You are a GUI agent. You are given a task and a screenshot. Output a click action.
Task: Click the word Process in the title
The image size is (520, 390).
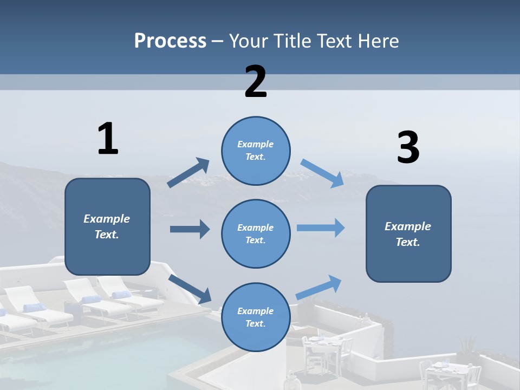[170, 41]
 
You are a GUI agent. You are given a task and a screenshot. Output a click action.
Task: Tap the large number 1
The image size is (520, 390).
[108, 139]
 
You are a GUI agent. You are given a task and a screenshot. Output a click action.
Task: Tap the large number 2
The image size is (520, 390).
[256, 82]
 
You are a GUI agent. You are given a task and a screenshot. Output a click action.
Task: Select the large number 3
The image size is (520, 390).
[408, 148]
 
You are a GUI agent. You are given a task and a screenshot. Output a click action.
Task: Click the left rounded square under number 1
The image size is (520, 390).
[107, 226]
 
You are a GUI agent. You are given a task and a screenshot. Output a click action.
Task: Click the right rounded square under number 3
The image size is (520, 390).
[408, 234]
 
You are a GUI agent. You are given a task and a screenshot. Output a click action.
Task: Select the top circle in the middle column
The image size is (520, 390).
[256, 151]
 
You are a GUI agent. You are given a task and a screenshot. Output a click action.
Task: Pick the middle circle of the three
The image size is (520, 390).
[256, 233]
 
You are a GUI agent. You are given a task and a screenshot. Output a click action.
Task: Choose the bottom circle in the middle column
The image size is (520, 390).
[256, 317]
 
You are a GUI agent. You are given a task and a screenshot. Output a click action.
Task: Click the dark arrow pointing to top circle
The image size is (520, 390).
[188, 173]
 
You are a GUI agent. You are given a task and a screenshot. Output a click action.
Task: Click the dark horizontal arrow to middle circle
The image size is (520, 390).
[190, 229]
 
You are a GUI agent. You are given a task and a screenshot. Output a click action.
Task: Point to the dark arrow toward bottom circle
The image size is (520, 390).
[190, 289]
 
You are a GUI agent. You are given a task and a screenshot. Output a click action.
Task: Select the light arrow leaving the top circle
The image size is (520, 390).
[322, 173]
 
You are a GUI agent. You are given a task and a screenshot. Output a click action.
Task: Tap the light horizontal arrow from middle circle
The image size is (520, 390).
[321, 228]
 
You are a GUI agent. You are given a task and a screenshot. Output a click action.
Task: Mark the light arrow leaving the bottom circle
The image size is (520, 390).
[319, 287]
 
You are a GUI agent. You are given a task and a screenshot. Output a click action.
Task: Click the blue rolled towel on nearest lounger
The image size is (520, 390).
[35, 308]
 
